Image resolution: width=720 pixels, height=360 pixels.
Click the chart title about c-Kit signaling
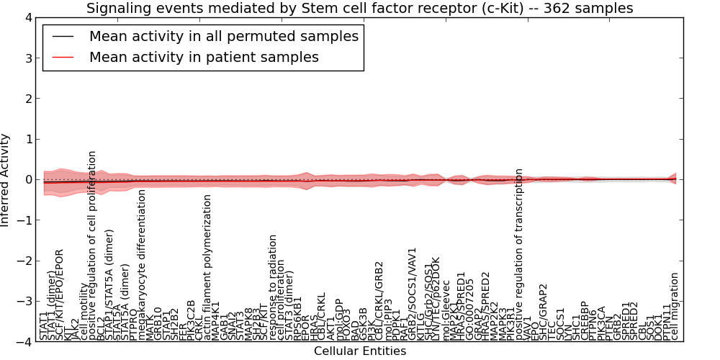pos(359,9)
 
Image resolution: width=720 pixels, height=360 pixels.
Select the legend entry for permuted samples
pos(223,36)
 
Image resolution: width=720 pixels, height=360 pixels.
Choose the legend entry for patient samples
pos(204,57)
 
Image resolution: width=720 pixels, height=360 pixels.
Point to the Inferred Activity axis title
pos(6,179)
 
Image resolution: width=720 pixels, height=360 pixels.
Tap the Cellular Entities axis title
pos(359,351)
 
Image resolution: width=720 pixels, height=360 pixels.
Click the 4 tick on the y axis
pos(26,17)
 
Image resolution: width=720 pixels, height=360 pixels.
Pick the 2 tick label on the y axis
pos(26,99)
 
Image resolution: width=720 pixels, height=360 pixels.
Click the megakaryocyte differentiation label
pos(142,264)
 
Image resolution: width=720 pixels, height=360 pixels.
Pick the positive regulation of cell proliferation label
pos(93,245)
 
